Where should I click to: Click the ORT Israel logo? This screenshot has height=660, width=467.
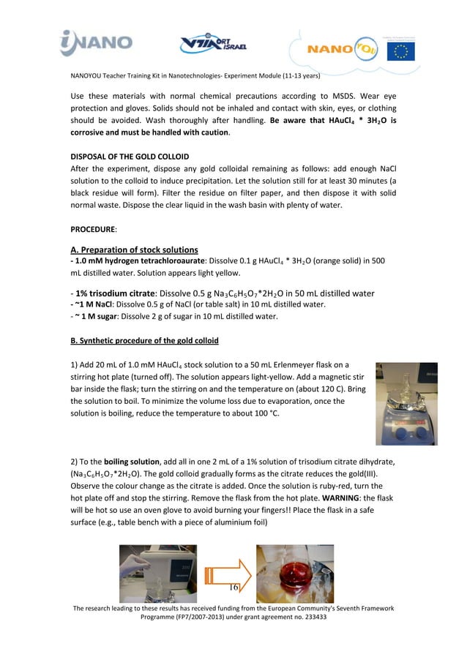(x=214, y=45)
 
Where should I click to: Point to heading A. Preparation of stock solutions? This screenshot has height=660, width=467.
(x=134, y=250)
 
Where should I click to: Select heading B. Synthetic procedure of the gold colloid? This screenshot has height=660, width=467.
(x=144, y=341)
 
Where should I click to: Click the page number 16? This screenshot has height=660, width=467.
(x=233, y=588)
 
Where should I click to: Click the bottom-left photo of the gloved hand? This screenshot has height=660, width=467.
(x=159, y=574)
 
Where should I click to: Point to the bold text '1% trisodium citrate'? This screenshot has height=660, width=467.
(x=114, y=293)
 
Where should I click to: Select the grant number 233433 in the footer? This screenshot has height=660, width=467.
(x=315, y=617)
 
